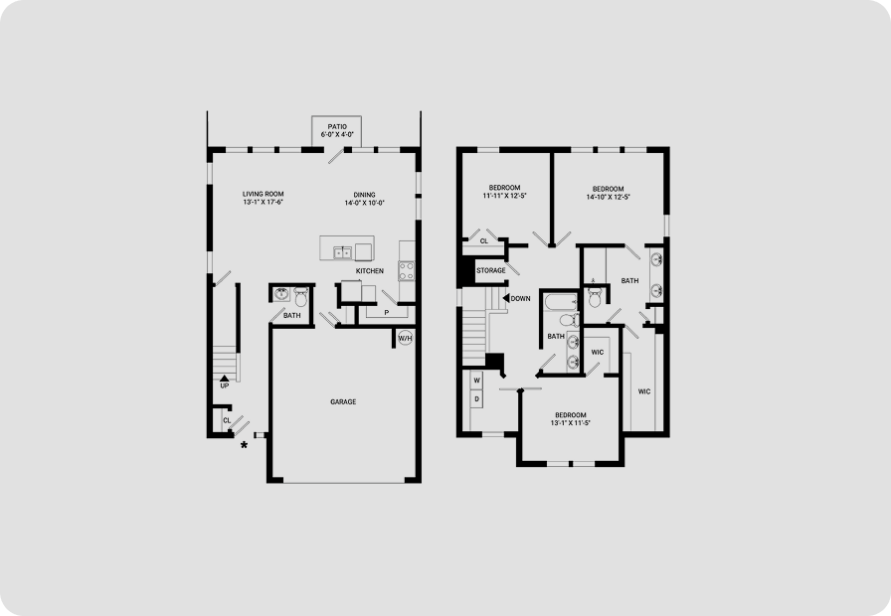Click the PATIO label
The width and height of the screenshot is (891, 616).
click(x=337, y=126)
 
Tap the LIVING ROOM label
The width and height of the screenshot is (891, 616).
click(x=264, y=194)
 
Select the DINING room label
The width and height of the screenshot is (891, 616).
click(x=364, y=195)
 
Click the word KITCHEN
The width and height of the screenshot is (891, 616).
click(x=369, y=271)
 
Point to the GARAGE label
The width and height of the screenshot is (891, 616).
click(x=343, y=402)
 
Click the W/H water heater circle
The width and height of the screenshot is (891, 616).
click(x=405, y=339)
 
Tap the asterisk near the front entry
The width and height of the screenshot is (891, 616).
click(x=244, y=446)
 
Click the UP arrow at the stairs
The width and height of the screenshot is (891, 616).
click(x=225, y=378)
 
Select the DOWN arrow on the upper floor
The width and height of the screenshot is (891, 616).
click(x=506, y=298)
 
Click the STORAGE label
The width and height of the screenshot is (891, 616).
click(x=491, y=270)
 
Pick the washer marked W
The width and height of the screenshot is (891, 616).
click(x=476, y=380)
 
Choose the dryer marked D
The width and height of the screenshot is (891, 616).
click(x=476, y=399)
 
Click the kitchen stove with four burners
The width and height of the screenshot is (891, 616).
click(x=407, y=271)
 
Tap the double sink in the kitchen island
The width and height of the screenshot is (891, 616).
click(x=342, y=252)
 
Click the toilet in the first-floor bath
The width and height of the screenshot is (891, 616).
click(x=301, y=296)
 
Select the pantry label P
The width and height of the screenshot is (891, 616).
click(x=387, y=312)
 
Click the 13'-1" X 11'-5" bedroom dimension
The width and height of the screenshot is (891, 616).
click(x=571, y=423)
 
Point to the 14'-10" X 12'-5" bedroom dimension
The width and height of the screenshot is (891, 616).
click(x=609, y=197)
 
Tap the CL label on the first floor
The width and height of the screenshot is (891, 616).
click(x=227, y=420)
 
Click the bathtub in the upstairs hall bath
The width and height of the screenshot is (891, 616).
click(x=560, y=302)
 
